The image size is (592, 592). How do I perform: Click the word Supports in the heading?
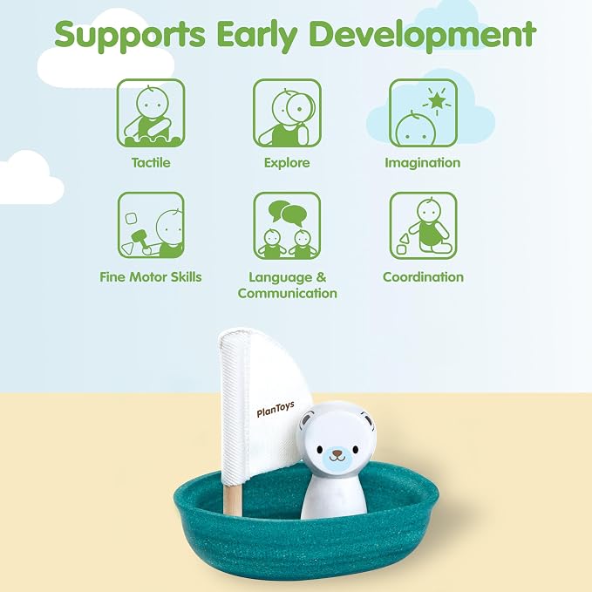click(x=130, y=36)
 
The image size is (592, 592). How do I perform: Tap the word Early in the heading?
click(x=256, y=36)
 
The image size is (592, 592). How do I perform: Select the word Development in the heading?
click(x=423, y=36)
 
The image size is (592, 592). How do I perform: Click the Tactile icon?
click(x=151, y=112)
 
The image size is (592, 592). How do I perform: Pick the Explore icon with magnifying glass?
click(x=287, y=112)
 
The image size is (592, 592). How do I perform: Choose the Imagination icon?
click(x=423, y=112)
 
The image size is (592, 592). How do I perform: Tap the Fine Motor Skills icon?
click(x=151, y=226)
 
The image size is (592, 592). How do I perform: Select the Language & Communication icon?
click(x=287, y=226)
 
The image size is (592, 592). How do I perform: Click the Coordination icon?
click(x=423, y=226)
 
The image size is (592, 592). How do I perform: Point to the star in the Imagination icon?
click(x=437, y=100)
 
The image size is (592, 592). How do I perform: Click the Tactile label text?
click(x=151, y=163)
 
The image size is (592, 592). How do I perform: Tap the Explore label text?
click(x=287, y=163)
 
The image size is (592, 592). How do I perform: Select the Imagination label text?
click(x=423, y=164)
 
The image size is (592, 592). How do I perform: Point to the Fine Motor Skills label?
click(x=151, y=276)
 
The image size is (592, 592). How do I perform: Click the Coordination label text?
click(x=423, y=276)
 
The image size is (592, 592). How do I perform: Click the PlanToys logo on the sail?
click(x=276, y=409)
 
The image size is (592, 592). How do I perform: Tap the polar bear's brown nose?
click(x=337, y=453)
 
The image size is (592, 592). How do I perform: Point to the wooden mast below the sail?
click(x=232, y=500)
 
